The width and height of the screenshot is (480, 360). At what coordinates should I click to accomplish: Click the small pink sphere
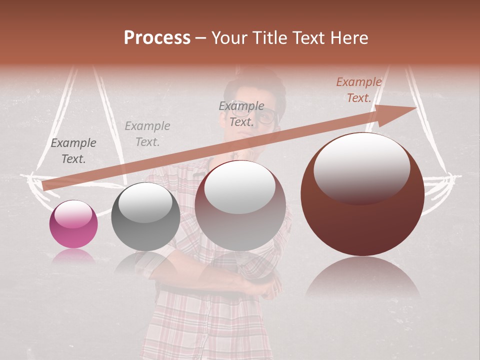coord(73,224)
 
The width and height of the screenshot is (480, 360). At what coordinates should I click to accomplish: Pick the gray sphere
coord(145,216)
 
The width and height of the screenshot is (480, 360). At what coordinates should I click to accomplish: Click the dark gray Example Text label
coord(73,151)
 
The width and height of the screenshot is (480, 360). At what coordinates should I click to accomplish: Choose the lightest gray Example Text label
coord(147,134)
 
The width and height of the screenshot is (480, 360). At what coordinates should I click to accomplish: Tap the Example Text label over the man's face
coord(241,114)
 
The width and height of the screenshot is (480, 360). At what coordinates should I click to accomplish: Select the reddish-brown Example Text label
coord(359,90)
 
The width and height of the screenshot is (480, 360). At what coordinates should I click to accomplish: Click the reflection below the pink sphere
coord(73,256)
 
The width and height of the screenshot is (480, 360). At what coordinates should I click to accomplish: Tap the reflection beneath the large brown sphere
coord(362,277)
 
